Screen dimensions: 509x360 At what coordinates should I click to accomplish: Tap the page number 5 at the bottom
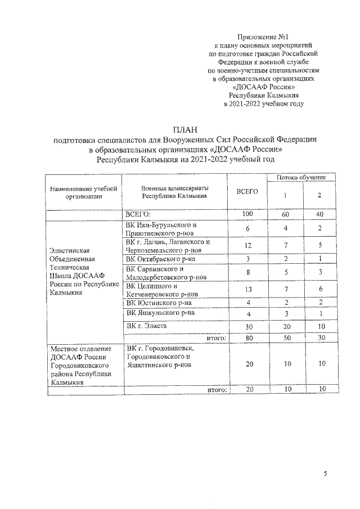[x=325, y=474]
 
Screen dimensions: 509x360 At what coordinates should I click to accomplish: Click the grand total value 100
[x=247, y=214]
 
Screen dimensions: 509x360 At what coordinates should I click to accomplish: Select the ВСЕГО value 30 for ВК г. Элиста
[x=247, y=328]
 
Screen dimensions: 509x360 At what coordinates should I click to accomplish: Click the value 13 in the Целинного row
[x=247, y=291]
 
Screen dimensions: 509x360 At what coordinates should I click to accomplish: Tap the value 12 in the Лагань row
[x=247, y=246]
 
